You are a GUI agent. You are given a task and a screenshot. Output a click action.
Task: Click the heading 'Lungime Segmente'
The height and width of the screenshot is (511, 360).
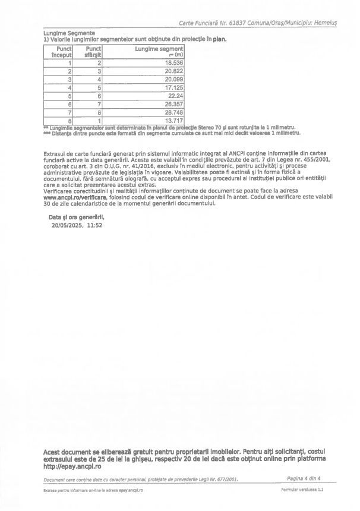(69, 33)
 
